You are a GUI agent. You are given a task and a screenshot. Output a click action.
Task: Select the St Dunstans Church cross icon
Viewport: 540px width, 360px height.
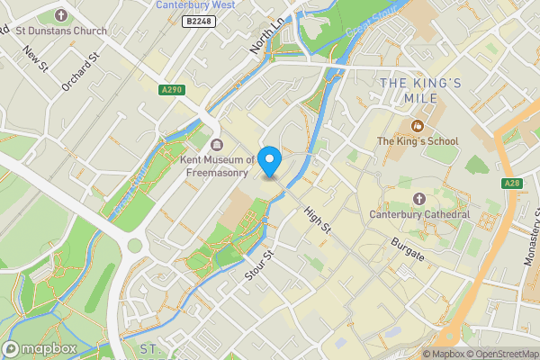(61, 15)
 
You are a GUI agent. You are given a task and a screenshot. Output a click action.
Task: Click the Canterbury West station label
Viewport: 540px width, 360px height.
(195, 5)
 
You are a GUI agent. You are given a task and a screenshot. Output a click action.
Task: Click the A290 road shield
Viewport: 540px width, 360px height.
(173, 89)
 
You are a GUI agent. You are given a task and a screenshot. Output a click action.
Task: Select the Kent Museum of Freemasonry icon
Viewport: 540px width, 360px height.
(215, 146)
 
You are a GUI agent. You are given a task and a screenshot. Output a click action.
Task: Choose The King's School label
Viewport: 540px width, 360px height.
(417, 141)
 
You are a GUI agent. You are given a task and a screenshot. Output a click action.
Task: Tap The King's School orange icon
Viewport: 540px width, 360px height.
(417, 126)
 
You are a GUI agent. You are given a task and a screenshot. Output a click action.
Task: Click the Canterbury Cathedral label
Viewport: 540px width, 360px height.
(419, 214)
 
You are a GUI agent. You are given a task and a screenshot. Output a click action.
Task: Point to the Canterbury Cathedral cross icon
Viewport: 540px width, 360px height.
(418, 198)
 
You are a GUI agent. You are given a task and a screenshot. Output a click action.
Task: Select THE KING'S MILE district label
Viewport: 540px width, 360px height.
(420, 92)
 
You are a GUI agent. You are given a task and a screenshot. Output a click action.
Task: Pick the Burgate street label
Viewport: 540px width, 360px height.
(408, 246)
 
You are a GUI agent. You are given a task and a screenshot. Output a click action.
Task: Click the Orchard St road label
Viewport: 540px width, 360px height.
(78, 76)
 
